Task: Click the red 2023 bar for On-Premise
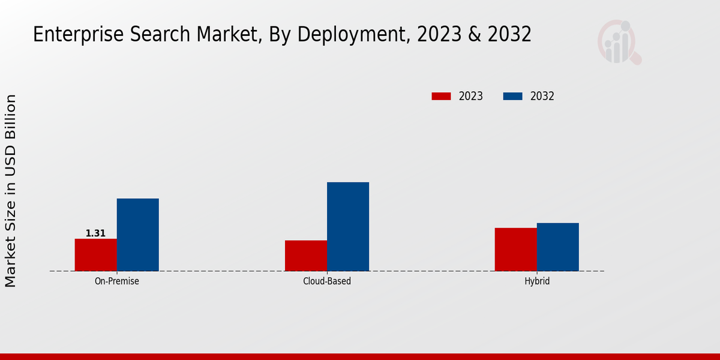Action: pyautogui.click(x=95, y=255)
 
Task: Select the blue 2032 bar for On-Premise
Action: pyautogui.click(x=137, y=235)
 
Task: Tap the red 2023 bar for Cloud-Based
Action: pyautogui.click(x=306, y=256)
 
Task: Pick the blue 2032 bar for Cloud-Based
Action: pyautogui.click(x=348, y=227)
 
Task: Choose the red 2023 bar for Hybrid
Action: pyautogui.click(x=515, y=250)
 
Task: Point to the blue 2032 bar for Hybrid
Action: pyautogui.click(x=557, y=247)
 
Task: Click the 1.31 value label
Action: pyautogui.click(x=95, y=233)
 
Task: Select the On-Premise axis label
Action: pyautogui.click(x=116, y=281)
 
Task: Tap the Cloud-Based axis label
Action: pyautogui.click(x=327, y=281)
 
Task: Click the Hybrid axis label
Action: pyautogui.click(x=536, y=281)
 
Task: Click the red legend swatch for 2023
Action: pyautogui.click(x=441, y=96)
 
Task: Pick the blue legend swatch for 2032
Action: pyautogui.click(x=512, y=96)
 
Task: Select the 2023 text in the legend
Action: pyautogui.click(x=471, y=96)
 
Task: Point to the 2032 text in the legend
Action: pyautogui.click(x=542, y=96)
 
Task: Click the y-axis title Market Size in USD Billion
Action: pyautogui.click(x=11, y=191)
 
